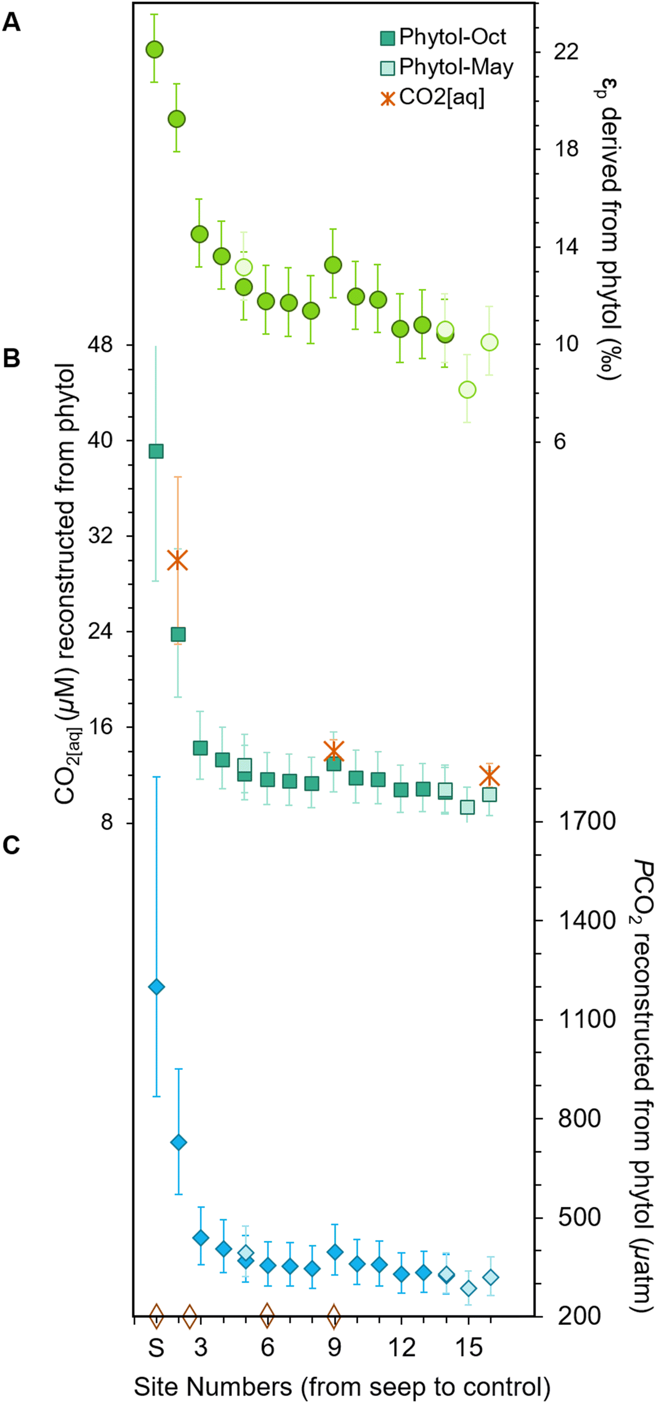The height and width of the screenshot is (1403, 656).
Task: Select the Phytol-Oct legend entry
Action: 443,37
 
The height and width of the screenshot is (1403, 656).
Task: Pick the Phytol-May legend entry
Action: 447,67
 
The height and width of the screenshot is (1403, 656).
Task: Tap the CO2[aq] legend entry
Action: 433,98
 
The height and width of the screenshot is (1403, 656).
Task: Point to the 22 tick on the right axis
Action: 565,51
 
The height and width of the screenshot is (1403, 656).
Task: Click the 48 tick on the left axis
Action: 100,344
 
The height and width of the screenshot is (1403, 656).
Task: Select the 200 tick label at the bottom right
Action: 578,1315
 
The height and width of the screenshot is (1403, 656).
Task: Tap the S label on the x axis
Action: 156,1348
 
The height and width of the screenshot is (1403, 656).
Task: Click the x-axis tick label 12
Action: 401,1348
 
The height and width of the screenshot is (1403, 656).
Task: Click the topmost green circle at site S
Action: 155,50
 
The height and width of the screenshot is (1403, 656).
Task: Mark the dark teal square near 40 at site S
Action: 156,451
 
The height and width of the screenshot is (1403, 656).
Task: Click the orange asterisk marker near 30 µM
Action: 178,560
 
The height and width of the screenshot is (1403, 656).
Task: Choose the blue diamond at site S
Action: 156,987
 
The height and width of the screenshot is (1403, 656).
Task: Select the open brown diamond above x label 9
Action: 334,1316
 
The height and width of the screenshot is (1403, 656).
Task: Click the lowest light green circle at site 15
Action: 467,390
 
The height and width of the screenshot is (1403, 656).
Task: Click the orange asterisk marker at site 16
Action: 489,775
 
